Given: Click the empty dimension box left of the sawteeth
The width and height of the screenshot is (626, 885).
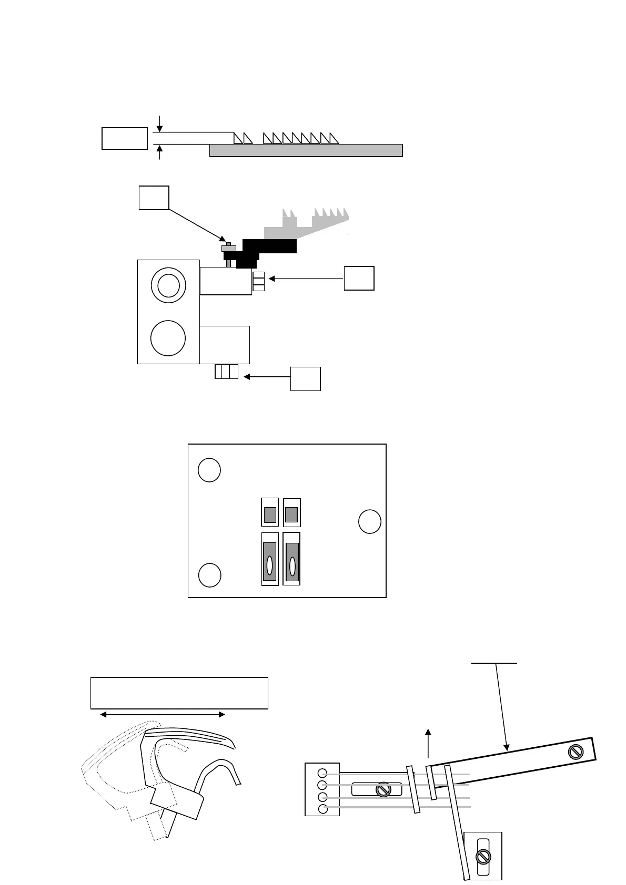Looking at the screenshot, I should click(124, 138).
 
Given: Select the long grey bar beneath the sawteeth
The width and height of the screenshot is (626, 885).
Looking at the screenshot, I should click(306, 150).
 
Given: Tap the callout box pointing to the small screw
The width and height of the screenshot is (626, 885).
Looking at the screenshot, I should click(154, 198).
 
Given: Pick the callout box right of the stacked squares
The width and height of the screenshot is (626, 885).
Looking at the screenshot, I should click(359, 278).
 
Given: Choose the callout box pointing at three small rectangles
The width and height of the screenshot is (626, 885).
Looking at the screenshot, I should click(305, 378).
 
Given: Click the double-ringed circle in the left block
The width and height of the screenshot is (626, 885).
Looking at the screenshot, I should click(168, 285).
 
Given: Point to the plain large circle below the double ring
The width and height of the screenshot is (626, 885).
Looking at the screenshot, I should click(168, 338).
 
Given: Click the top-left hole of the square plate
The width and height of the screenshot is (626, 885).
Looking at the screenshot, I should click(209, 470).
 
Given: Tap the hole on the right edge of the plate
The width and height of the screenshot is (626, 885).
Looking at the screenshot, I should click(369, 522).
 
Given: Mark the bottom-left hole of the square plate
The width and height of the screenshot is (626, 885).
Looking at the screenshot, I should click(209, 575).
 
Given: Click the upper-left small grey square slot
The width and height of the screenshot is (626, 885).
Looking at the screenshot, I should click(270, 514).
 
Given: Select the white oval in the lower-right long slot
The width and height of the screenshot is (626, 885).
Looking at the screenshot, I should click(292, 565).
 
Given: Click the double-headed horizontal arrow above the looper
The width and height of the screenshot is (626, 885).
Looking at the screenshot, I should click(162, 715).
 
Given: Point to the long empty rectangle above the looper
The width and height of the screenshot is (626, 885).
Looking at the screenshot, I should click(179, 693).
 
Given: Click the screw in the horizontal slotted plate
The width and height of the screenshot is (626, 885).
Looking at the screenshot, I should click(383, 790).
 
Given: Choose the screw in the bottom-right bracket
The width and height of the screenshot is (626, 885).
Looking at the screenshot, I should click(482, 857).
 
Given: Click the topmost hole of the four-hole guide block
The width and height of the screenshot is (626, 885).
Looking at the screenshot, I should click(323, 773).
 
